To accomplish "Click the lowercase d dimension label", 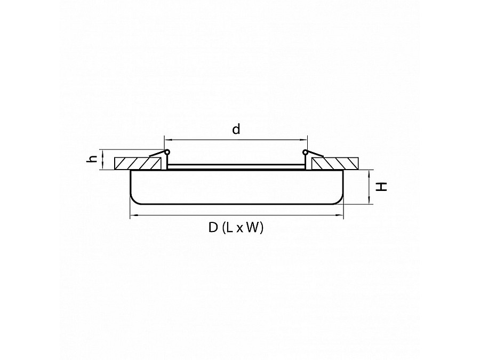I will pyautogui.click(x=236, y=129).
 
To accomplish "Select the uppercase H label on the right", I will pyautogui.click(x=382, y=187).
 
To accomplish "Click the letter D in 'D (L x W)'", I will pyautogui.click(x=213, y=228).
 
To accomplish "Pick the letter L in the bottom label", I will pyautogui.click(x=228, y=228).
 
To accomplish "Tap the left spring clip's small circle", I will pyautogui.click(x=167, y=153).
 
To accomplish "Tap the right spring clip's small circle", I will pyautogui.click(x=306, y=153).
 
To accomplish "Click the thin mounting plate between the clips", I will pyautogui.click(x=236, y=167).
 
